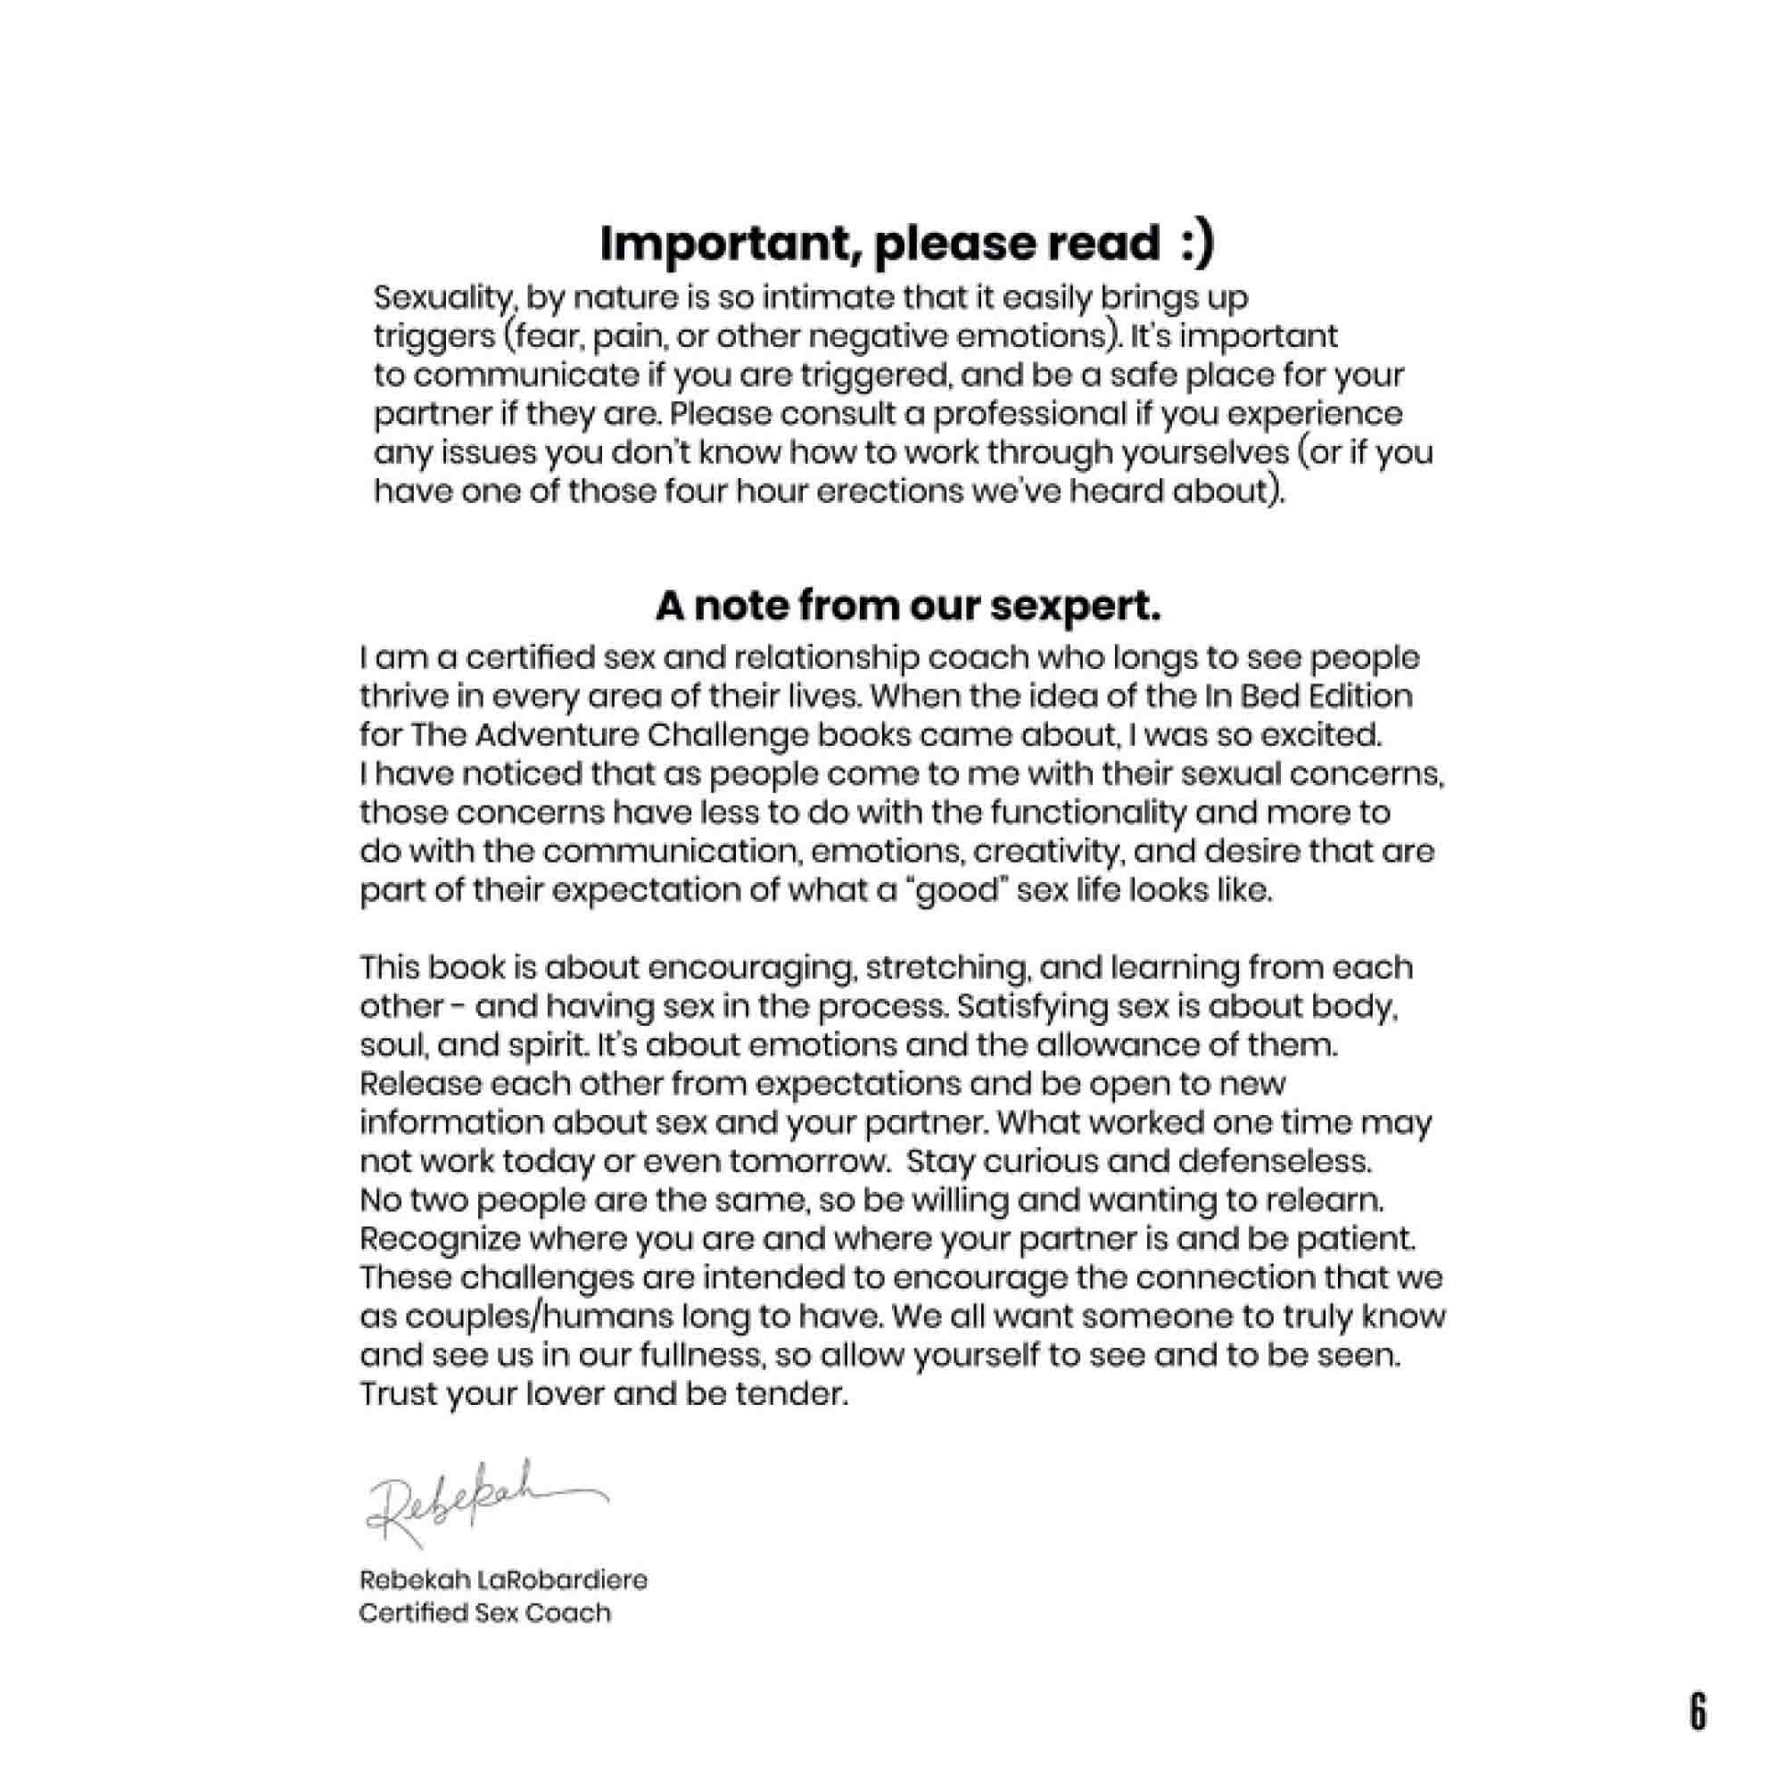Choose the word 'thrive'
tap(402, 696)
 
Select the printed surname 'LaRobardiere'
tap(561, 1580)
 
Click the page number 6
tap(1697, 1712)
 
